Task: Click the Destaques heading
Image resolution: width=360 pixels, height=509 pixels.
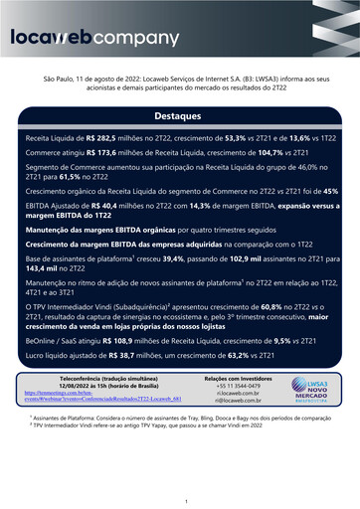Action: click(x=180, y=115)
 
